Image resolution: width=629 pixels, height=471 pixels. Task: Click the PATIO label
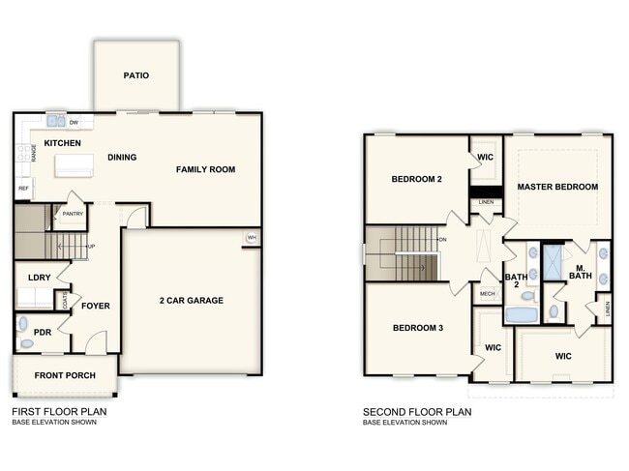click(x=136, y=75)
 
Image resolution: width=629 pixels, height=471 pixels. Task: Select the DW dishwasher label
click(x=74, y=123)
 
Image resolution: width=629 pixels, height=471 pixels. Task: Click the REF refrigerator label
click(x=23, y=189)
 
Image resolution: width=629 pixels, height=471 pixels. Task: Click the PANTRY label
click(x=72, y=214)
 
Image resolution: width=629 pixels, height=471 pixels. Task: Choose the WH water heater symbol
click(x=252, y=238)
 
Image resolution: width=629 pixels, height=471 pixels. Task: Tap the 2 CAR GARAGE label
click(x=191, y=301)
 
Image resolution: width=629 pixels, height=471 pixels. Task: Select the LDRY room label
click(x=39, y=278)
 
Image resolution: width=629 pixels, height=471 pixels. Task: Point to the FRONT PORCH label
click(x=63, y=375)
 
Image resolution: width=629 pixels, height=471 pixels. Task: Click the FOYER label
click(x=95, y=306)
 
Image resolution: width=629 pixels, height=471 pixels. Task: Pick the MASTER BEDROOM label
click(x=556, y=187)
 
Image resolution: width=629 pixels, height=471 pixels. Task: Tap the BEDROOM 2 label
click(x=417, y=179)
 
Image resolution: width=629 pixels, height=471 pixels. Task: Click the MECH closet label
click(x=487, y=294)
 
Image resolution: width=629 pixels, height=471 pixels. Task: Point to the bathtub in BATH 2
click(x=521, y=314)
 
